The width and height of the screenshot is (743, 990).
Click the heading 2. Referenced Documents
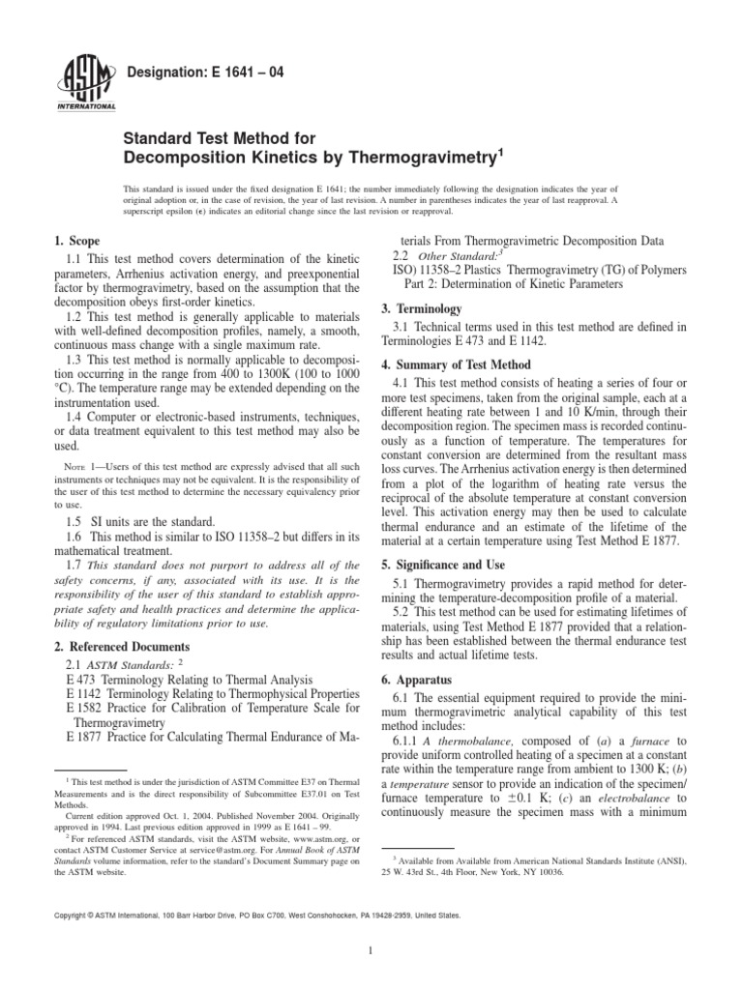122,646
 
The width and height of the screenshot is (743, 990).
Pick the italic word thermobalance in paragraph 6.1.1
475,742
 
